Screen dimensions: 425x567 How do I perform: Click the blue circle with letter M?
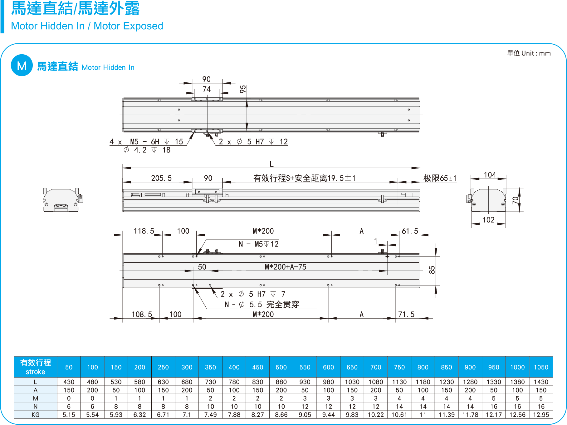[22, 65]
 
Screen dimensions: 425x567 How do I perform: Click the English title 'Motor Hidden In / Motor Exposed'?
[87, 26]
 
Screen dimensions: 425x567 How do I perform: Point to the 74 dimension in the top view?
[207, 89]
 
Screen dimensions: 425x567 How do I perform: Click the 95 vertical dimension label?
[243, 89]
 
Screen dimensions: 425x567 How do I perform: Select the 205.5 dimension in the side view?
[161, 178]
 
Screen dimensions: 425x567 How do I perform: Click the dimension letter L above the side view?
[271, 164]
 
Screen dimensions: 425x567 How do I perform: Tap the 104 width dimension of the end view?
[490, 175]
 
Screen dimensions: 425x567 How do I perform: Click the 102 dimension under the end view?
[488, 220]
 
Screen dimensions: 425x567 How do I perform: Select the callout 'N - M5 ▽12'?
[259, 244]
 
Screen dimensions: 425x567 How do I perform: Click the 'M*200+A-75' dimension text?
[286, 267]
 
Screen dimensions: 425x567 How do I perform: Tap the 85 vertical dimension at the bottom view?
[432, 270]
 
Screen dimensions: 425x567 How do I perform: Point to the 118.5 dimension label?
[144, 231]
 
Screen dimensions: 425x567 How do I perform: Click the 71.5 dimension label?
[406, 314]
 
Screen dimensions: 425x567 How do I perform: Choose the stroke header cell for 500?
[281, 367]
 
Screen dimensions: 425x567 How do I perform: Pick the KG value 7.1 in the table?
[187, 415]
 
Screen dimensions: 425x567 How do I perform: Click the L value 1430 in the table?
[541, 382]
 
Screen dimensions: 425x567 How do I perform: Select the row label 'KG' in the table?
[35, 415]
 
